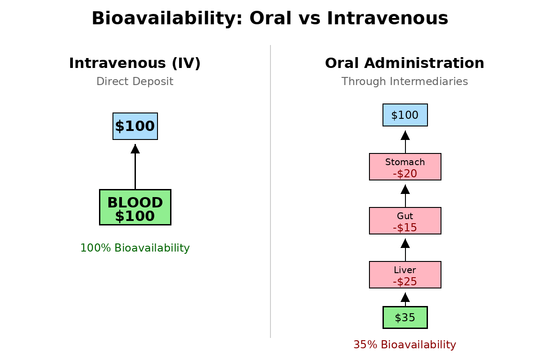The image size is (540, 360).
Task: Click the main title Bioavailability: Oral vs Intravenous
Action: [x=270, y=19]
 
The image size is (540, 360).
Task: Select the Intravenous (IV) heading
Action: [x=135, y=63]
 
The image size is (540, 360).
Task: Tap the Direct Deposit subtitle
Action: [x=135, y=81]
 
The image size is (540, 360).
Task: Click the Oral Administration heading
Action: [x=405, y=63]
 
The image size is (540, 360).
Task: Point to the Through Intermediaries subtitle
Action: [x=405, y=81]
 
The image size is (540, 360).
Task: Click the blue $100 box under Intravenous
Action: [x=135, y=126]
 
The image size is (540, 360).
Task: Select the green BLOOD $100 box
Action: [x=135, y=207]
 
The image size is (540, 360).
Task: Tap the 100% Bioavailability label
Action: [x=135, y=248]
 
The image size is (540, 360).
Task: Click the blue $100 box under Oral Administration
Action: [x=405, y=115]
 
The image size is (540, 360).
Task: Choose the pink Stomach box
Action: [x=405, y=166]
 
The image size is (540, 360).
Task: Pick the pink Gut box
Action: [x=405, y=220]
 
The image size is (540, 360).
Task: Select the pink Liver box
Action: [x=405, y=274]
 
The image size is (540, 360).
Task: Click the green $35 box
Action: [x=405, y=318]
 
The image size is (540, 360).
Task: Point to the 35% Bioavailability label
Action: [x=405, y=345]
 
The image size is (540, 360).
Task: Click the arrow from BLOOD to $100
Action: [x=135, y=166]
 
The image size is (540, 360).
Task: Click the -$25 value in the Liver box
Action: [x=405, y=282]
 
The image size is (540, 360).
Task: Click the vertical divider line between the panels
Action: [x=270, y=191]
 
